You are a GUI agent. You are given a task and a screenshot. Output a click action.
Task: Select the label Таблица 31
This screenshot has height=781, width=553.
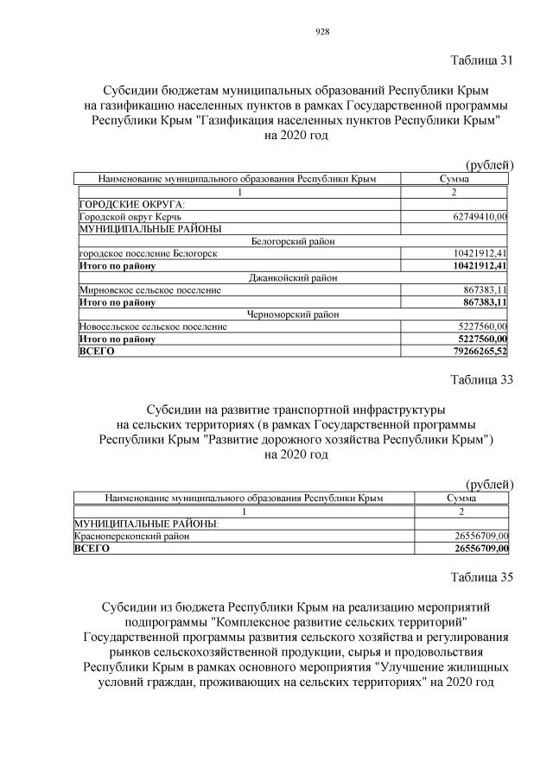click(x=481, y=60)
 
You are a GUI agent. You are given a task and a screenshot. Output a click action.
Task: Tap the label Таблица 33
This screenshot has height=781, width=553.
click(x=481, y=379)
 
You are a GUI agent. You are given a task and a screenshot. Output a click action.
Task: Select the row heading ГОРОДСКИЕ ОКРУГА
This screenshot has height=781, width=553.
click(x=125, y=204)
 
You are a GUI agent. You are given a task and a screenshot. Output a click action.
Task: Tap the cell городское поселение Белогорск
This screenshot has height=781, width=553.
click(x=147, y=253)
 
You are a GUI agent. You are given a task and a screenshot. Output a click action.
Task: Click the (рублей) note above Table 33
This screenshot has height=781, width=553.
click(x=490, y=484)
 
